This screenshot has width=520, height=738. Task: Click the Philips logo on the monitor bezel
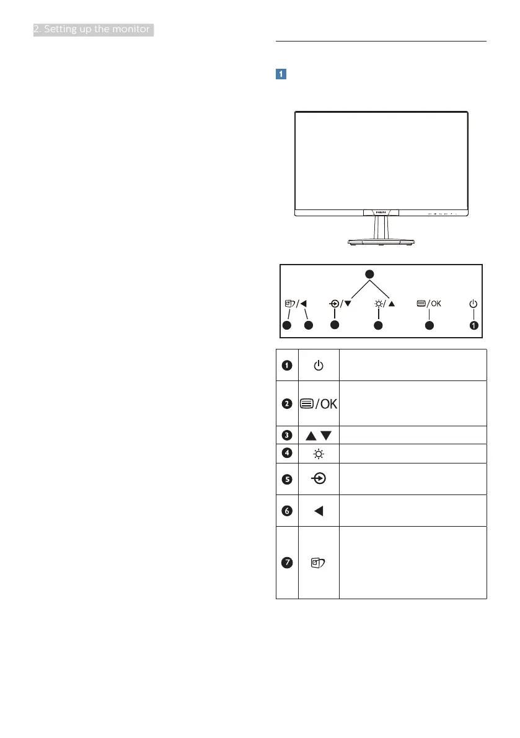pos(381,212)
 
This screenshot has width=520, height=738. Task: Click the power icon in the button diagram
pos(474,304)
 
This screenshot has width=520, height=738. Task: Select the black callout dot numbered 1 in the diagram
pos(474,324)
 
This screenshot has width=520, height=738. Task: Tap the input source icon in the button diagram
pos(335,304)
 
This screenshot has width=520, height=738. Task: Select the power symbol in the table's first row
pos(318,366)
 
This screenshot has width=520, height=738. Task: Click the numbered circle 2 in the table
pos(287,404)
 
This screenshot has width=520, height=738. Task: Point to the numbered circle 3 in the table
pos(287,434)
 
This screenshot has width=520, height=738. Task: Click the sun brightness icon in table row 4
pos(318,454)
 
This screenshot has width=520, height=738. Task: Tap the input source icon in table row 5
pos(318,479)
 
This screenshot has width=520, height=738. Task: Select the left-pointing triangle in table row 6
pos(318,511)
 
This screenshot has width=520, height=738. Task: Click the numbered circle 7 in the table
pos(287,563)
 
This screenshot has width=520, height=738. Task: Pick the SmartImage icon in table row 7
pos(318,563)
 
